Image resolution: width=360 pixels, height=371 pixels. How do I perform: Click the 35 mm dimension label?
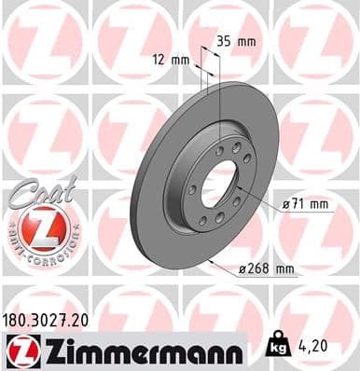coord(236,42)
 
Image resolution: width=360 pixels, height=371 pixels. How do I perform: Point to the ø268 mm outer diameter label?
coord(268,269)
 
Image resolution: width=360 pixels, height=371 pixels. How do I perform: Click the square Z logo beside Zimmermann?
coord(20,352)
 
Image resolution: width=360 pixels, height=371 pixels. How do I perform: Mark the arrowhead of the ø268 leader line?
coord(213,263)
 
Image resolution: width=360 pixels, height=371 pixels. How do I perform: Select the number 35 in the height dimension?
coord(224,42)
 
